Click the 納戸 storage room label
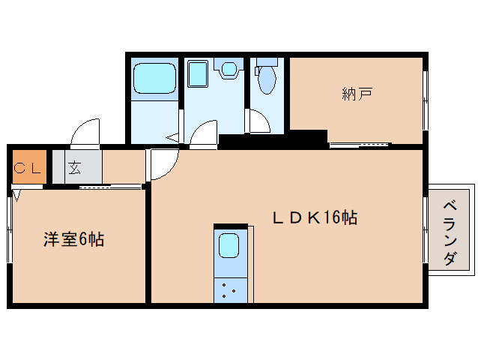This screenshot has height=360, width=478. point(357,94)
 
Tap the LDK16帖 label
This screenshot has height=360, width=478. point(315,217)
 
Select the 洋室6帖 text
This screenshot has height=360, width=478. point(73,239)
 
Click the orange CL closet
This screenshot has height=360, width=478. point(29,166)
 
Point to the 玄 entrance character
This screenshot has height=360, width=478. point(74,168)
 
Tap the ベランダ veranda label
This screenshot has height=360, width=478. point(450,232)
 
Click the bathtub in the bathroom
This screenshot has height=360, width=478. point(154,79)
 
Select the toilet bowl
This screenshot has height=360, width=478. point(267,79)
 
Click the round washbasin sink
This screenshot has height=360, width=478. point(229,69)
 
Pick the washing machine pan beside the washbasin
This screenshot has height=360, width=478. point(198,73)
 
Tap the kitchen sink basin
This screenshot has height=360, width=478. point(229,245)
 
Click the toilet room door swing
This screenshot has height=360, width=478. point(259,121)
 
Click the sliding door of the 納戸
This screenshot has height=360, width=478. point(360,145)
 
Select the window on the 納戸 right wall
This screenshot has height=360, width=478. point(426,100)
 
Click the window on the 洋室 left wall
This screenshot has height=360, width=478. point(10,229)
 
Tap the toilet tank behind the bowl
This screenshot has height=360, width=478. point(267,61)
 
